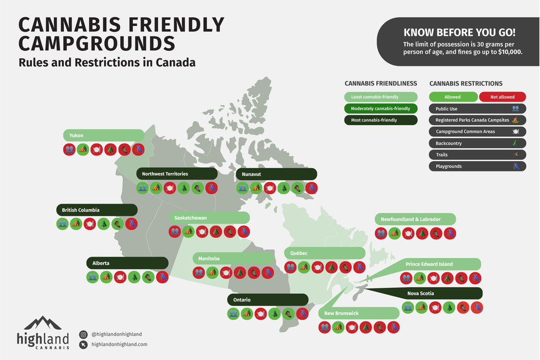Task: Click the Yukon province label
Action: pos(103,135)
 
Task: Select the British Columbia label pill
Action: pos(96,210)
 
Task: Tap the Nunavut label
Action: pos(276,174)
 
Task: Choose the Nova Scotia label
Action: pos(442,293)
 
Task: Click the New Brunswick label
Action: pos(359,313)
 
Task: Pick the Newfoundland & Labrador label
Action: pos(415,219)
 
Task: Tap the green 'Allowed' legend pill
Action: pos(452,97)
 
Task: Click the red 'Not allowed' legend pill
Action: pos(503,97)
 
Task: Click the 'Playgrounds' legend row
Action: pos(477,166)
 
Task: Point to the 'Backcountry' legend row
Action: pos(477,143)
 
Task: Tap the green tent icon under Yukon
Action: pos(83,149)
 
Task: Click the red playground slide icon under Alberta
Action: pos(161,277)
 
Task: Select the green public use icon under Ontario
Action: pos(234,314)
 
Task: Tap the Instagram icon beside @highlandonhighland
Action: pos(83,334)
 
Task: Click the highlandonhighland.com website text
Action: pos(119,344)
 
